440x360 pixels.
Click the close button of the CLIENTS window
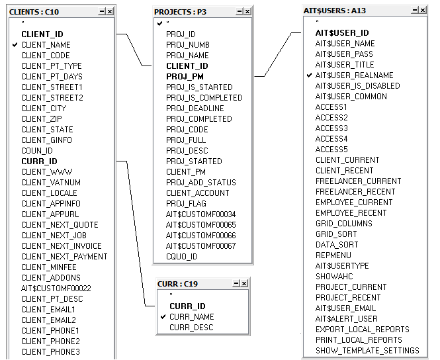[x=110, y=11]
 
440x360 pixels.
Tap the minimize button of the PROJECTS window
[x=240, y=11]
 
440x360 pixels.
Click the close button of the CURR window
[x=244, y=283]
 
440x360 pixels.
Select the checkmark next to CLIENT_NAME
[x=15, y=44]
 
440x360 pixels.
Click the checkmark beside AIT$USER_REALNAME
[x=309, y=75]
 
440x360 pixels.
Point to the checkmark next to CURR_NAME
[x=163, y=317]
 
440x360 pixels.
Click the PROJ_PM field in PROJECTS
[x=185, y=77]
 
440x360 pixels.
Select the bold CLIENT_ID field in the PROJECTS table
[x=187, y=66]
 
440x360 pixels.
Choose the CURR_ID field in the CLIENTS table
[x=39, y=161]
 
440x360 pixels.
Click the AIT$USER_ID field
[x=342, y=33]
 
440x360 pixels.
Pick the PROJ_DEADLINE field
[x=195, y=109]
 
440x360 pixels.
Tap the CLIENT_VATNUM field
[x=51, y=183]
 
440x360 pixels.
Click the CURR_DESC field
[x=191, y=328]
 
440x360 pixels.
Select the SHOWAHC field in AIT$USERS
[x=334, y=277]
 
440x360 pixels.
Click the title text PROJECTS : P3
[x=180, y=12]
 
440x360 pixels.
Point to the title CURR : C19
[x=177, y=284]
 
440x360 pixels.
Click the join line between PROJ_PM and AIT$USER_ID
[x=277, y=54]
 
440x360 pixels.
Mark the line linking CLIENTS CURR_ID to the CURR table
[x=136, y=234]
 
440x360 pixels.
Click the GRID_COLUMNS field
[x=344, y=224]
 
